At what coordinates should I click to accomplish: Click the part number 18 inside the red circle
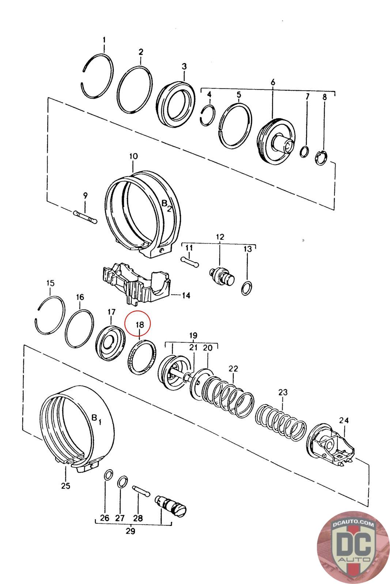click(140, 324)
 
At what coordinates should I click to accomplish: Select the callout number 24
click(344, 420)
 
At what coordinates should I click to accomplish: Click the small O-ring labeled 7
click(304, 152)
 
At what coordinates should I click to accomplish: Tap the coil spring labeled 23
click(280, 422)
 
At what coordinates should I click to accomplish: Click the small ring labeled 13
click(246, 288)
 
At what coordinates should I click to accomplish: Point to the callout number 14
click(186, 296)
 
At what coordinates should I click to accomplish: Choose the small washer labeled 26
click(109, 474)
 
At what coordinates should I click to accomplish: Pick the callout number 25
click(66, 486)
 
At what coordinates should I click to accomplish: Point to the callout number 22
click(233, 369)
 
